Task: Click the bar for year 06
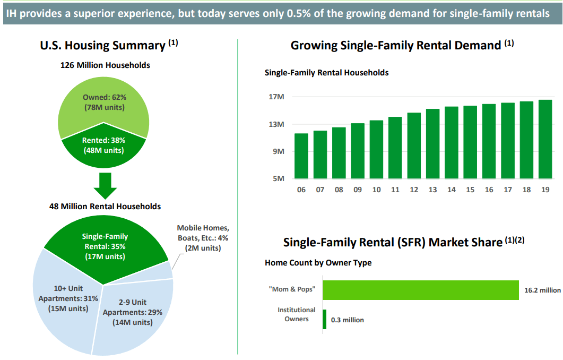click(301, 156)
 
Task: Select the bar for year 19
click(545, 139)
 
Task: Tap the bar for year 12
click(414, 145)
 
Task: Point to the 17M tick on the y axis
click(276, 97)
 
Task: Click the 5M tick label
click(279, 178)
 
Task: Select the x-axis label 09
click(358, 190)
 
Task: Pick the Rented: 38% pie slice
click(103, 145)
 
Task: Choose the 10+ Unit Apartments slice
click(61, 303)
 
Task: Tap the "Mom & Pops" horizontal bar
click(420, 290)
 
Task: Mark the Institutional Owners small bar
click(325, 319)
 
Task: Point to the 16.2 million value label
click(542, 290)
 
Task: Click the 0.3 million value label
click(348, 320)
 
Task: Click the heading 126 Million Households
click(105, 65)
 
